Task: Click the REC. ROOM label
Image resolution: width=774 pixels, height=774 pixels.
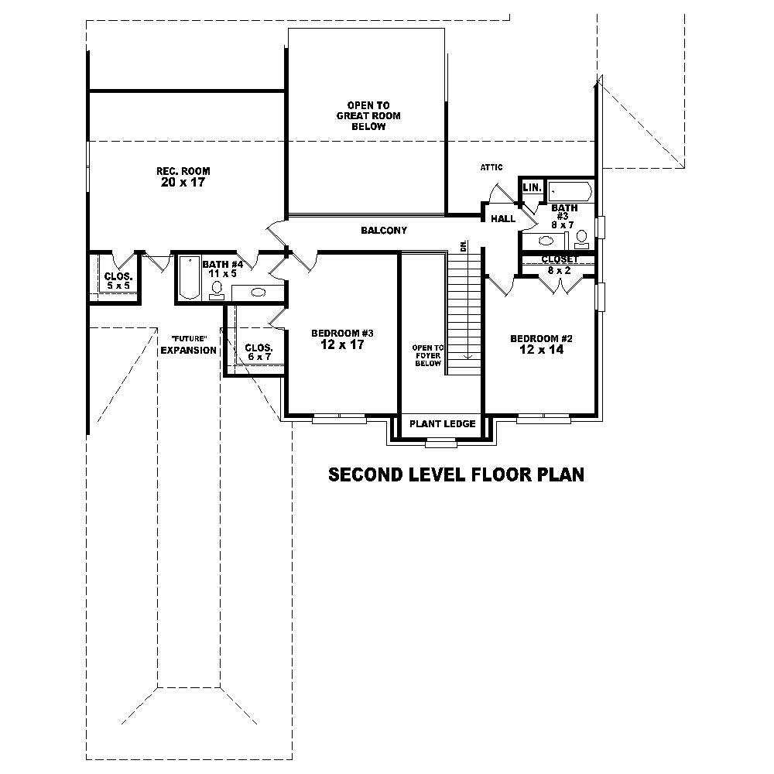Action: point(183,171)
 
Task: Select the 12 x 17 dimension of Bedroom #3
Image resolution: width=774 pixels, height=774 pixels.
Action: point(342,345)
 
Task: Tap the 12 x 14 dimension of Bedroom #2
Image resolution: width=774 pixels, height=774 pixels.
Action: point(541,350)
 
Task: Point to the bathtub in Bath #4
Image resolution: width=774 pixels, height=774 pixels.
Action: point(189,278)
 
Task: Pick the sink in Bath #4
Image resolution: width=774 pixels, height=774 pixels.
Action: point(257,293)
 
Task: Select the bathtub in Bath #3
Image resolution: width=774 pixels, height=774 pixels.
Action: point(570,192)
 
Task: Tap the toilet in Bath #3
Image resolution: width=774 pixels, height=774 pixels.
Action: point(582,237)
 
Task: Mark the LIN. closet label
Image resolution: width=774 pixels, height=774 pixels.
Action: point(531,188)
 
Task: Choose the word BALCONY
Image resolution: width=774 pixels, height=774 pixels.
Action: point(383,231)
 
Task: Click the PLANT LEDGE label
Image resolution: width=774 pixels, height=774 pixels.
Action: point(442,424)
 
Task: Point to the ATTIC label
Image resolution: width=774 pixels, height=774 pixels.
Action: point(491,167)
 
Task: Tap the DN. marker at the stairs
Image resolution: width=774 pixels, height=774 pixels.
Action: point(464,246)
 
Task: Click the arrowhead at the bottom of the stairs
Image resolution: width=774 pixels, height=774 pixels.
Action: point(468,356)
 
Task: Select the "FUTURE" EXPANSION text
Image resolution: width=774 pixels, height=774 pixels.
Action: point(188,345)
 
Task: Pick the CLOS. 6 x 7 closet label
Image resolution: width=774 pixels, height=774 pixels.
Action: point(258,352)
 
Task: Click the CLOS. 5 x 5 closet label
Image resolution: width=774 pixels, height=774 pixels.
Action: point(118,281)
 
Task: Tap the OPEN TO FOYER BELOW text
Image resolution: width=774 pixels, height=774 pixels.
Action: point(426,355)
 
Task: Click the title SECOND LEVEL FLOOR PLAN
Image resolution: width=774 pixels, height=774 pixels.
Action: point(456,474)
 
